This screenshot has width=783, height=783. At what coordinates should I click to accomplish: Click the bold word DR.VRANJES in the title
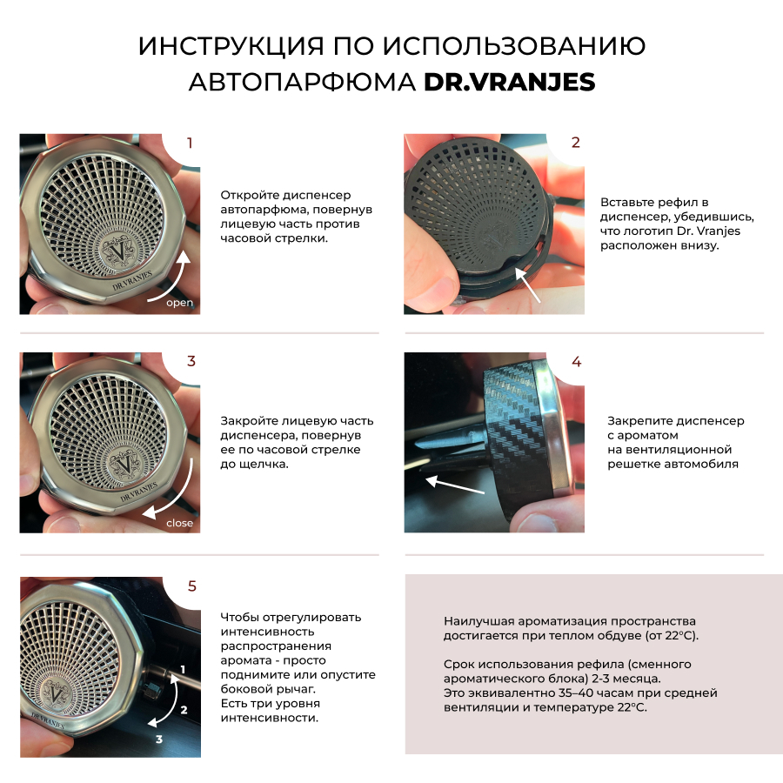point(509,82)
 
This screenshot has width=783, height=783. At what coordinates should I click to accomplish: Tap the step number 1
point(190,144)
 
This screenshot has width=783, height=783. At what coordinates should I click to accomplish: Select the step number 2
point(576,143)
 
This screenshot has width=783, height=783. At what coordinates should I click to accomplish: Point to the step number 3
point(191,362)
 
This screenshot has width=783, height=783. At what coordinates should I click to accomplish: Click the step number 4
point(576,362)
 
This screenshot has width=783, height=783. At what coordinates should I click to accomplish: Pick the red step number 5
point(192,586)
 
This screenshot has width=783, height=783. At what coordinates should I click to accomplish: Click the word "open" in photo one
point(179,303)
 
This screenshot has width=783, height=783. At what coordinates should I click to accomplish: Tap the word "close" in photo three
point(180,523)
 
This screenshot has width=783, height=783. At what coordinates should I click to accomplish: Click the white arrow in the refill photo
point(527,284)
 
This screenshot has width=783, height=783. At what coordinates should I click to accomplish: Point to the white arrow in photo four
point(454,485)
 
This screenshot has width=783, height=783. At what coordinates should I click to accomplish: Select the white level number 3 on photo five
point(159,739)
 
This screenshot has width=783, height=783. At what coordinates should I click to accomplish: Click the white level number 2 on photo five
point(184,710)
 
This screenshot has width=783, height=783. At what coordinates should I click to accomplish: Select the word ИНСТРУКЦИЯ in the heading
point(231,46)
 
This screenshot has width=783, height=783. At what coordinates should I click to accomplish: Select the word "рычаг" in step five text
point(298,689)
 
